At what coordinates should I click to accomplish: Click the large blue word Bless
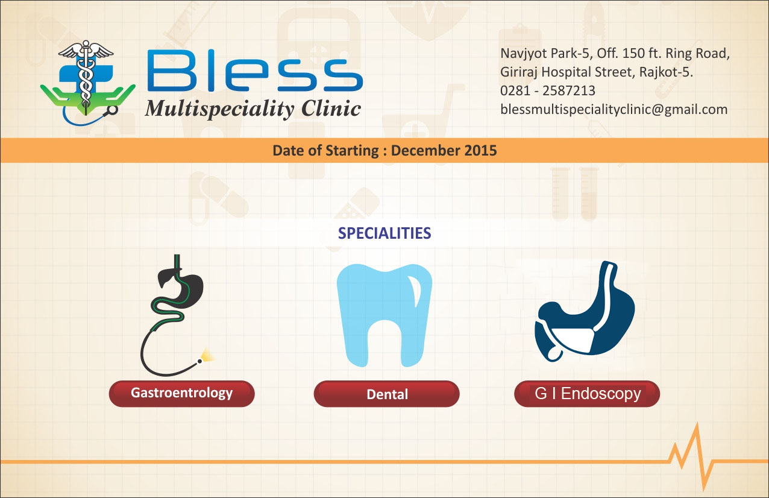[255, 70]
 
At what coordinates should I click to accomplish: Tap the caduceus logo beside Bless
[87, 83]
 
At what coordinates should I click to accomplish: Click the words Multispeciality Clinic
[253, 109]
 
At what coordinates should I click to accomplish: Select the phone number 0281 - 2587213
[548, 90]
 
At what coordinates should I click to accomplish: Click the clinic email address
[614, 110]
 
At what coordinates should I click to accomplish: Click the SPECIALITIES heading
[384, 233]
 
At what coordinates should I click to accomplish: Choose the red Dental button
[386, 394]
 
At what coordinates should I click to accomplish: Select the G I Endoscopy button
[587, 394]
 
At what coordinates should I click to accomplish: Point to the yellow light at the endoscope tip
[207, 355]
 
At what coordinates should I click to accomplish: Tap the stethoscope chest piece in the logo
[112, 110]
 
